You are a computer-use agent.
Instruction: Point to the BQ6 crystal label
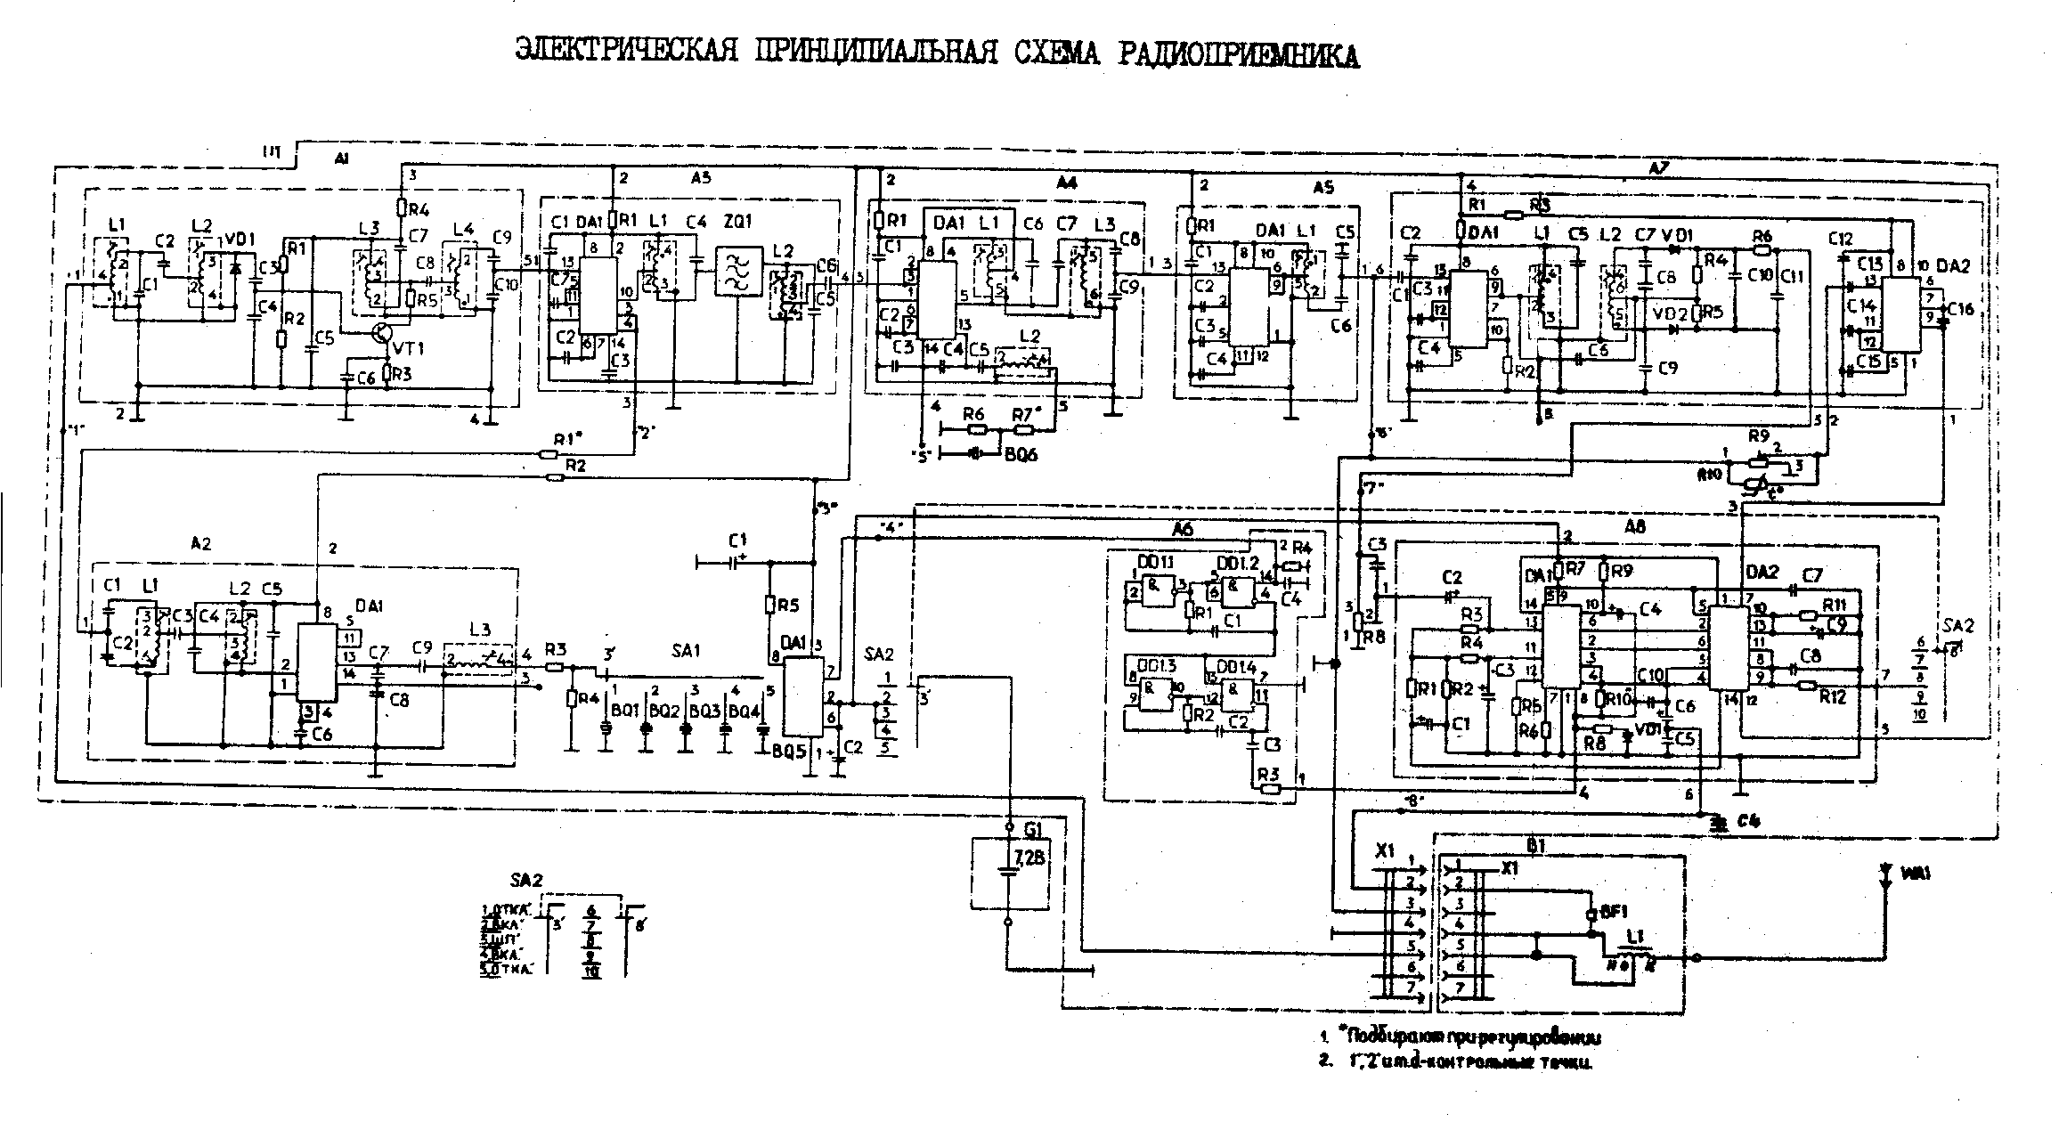click(x=1021, y=455)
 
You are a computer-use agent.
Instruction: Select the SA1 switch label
click(x=686, y=651)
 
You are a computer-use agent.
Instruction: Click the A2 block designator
click(x=201, y=542)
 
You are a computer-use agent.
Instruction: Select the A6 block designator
click(x=1182, y=530)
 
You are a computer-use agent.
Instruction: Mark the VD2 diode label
click(x=1664, y=313)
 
